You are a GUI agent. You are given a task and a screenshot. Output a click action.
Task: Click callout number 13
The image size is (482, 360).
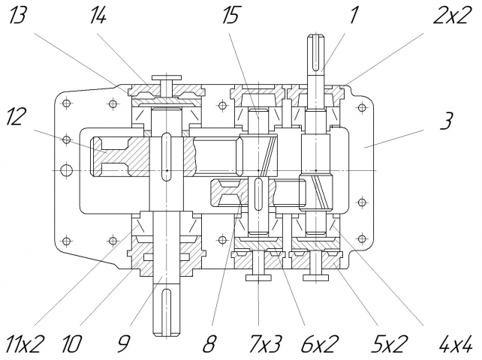click(17, 16)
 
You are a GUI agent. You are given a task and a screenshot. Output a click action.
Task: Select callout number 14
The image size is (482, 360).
click(98, 16)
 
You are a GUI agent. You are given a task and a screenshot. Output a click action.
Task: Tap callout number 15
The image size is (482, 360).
click(230, 16)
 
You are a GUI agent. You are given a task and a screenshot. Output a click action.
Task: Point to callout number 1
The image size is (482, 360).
click(354, 16)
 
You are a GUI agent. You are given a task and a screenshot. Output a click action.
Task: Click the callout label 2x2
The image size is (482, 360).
click(453, 16)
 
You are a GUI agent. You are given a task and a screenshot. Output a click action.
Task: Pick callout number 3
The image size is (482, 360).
click(447, 121)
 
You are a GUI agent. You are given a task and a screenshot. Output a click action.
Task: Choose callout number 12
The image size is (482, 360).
click(14, 116)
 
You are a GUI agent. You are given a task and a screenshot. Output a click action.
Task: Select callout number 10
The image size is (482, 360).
click(71, 343)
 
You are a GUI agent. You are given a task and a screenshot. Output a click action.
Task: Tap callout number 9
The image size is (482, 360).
click(124, 343)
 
